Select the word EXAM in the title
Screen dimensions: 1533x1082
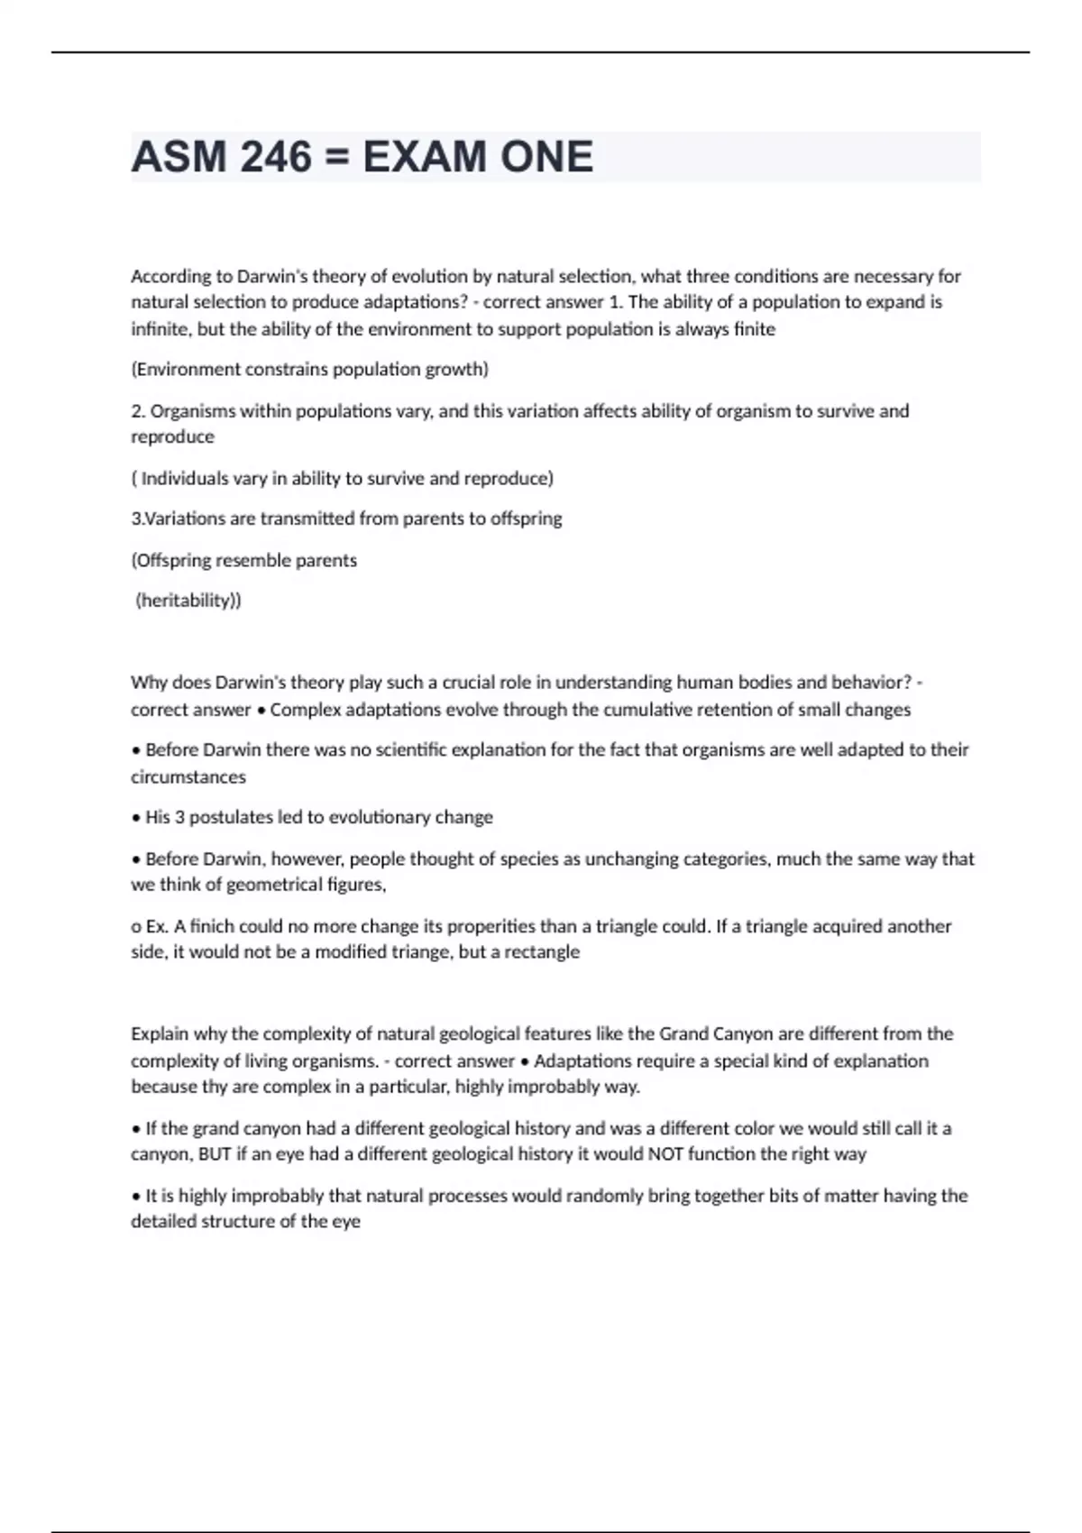point(424,157)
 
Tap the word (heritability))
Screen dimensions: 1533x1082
point(188,601)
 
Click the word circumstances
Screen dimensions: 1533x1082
point(188,776)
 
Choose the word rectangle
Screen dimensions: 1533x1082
point(543,951)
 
